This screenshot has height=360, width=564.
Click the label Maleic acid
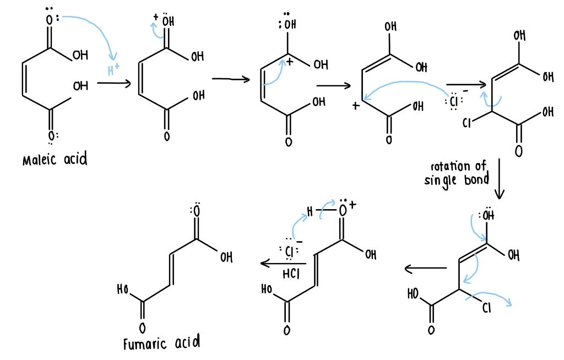(55, 160)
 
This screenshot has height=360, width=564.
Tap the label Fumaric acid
(161, 344)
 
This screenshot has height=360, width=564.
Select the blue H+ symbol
(114, 70)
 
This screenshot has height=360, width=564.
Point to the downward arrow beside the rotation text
(499, 179)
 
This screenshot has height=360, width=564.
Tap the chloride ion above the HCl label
(291, 252)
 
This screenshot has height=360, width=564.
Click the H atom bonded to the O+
(310, 211)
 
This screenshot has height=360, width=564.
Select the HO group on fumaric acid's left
(123, 290)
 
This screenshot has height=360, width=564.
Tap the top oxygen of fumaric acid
(196, 211)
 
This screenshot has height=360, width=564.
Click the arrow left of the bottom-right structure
(425, 269)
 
